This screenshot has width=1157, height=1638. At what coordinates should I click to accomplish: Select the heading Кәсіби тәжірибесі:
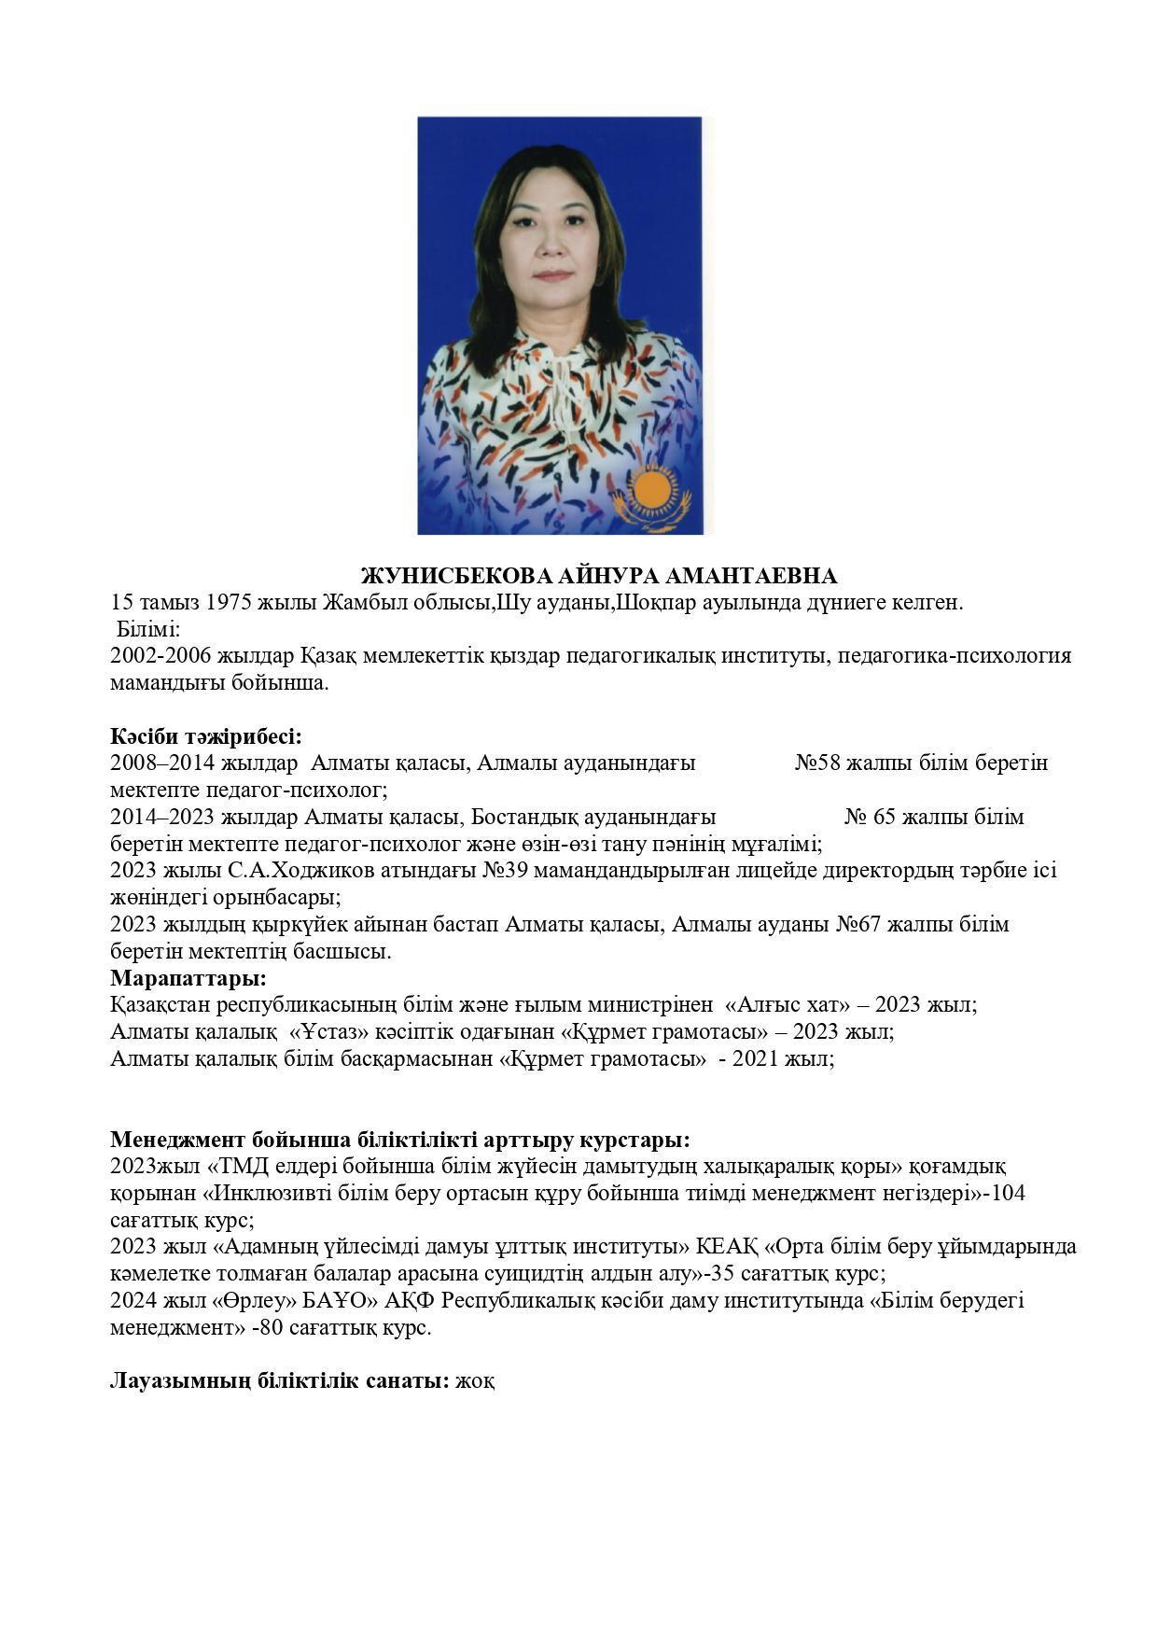click(x=206, y=735)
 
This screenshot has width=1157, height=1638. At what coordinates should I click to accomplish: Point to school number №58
click(x=818, y=763)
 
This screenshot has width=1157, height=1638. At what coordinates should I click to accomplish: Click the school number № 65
click(x=870, y=817)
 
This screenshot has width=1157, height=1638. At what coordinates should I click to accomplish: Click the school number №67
click(x=859, y=924)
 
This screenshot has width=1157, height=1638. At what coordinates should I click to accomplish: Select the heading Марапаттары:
click(x=188, y=978)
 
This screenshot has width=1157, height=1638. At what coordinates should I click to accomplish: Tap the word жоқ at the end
click(x=475, y=1380)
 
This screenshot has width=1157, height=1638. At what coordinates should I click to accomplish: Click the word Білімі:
click(x=147, y=629)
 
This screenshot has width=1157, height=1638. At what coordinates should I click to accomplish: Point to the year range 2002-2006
click(x=160, y=655)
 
